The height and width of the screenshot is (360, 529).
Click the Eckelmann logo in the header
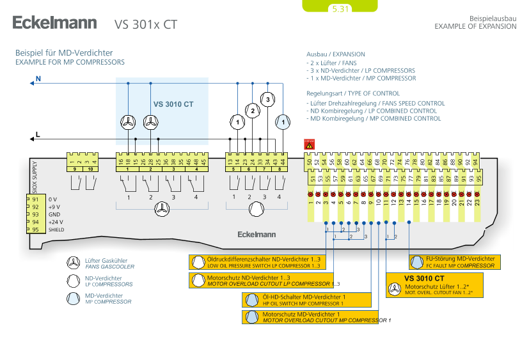click(x=54, y=24)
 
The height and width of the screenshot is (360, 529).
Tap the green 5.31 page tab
click(x=340, y=8)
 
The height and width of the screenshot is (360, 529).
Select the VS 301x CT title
click(x=145, y=25)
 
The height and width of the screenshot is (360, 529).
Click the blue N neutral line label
click(x=38, y=79)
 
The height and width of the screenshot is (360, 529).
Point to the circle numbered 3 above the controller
click(x=268, y=99)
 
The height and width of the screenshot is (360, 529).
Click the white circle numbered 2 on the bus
click(x=253, y=111)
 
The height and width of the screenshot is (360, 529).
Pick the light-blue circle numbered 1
click(x=282, y=121)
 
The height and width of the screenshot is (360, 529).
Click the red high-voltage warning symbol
click(x=310, y=145)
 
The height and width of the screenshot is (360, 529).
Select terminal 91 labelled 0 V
click(x=35, y=200)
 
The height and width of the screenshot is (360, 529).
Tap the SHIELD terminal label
click(x=56, y=229)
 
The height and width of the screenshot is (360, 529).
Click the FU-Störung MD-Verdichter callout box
click(x=455, y=262)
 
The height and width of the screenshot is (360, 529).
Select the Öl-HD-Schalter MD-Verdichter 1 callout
click(x=307, y=300)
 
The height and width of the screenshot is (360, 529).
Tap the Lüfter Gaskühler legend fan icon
click(x=74, y=263)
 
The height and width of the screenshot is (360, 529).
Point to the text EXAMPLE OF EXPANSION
click(x=475, y=26)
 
